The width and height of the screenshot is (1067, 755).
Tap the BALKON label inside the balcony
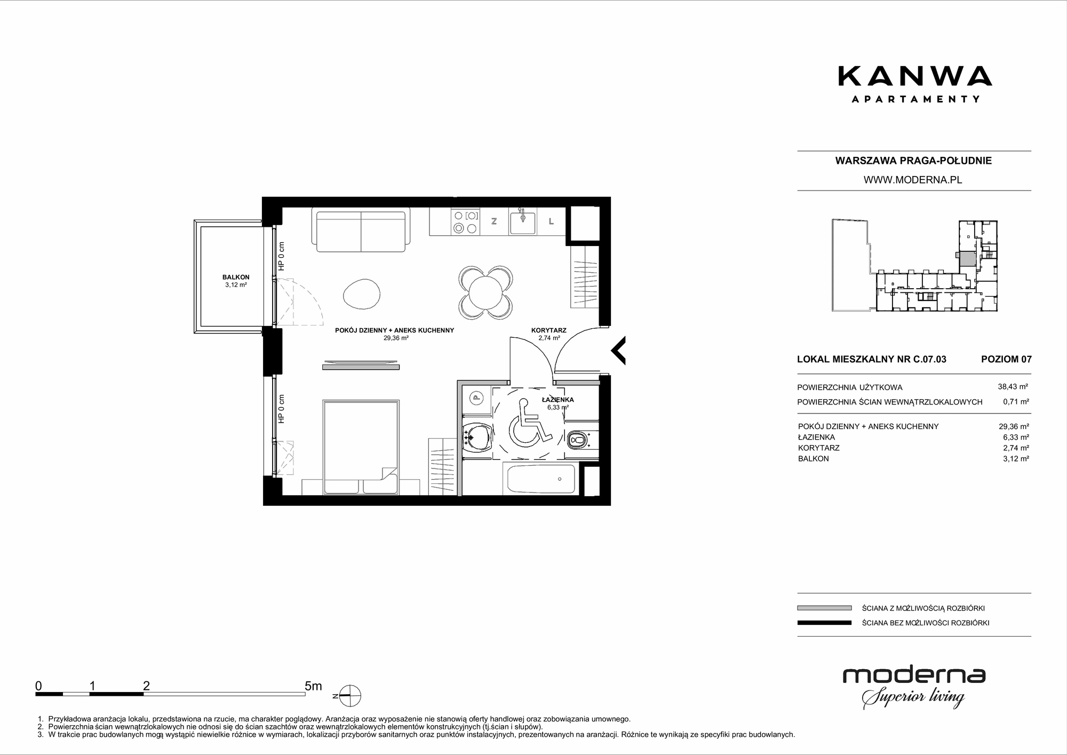(x=236, y=277)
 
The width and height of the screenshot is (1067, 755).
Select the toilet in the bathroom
(x=578, y=441)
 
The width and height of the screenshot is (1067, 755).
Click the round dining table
(x=486, y=291)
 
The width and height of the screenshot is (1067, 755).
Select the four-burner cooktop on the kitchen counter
(x=465, y=222)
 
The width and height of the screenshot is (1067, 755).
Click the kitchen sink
(x=523, y=222)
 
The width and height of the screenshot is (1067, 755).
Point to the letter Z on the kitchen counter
(x=494, y=221)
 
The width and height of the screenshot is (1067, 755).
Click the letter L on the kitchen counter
(x=551, y=221)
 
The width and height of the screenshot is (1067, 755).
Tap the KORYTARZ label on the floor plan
(x=548, y=330)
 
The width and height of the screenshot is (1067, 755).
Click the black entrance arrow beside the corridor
(x=618, y=351)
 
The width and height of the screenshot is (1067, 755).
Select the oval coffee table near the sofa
(x=362, y=294)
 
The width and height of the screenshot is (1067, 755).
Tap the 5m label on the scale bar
(x=313, y=686)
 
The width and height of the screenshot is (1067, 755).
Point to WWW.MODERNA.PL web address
(x=913, y=180)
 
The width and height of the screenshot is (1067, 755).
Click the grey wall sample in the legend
(x=824, y=608)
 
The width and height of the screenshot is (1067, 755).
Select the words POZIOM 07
(x=1006, y=359)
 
